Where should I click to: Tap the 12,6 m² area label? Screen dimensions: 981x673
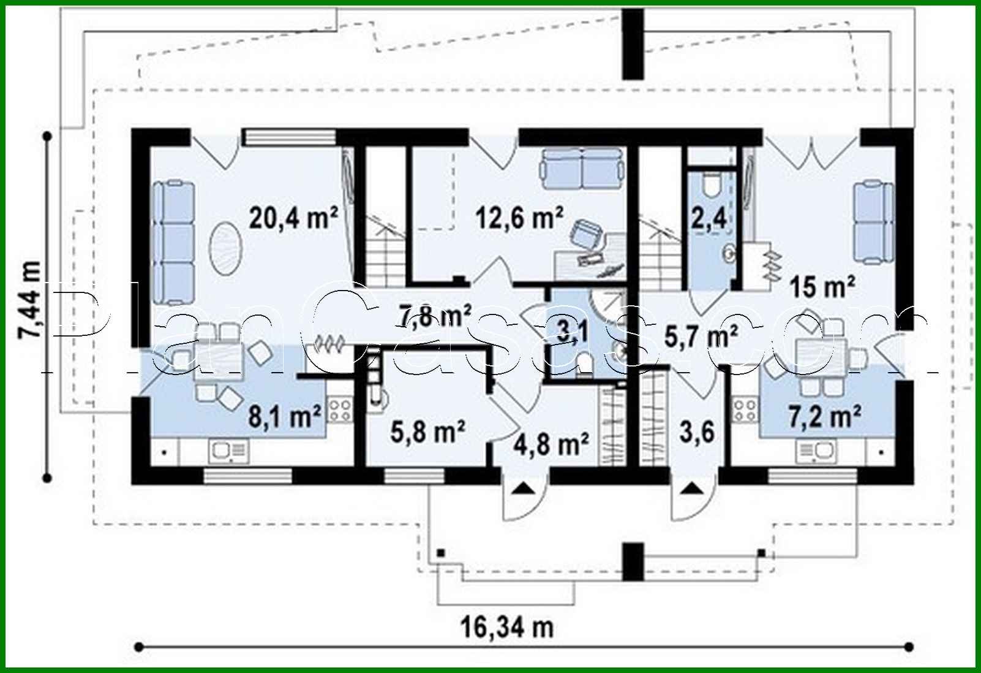pos(519,218)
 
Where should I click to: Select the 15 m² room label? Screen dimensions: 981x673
pos(822,287)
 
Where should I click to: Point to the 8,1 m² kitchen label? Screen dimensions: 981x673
pos(285,416)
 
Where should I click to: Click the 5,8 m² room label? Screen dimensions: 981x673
pos(427,432)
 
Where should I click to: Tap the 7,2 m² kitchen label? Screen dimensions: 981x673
pos(825,416)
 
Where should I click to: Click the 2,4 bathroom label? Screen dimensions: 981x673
pos(709,218)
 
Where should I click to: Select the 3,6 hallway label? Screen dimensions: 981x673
pos(697,432)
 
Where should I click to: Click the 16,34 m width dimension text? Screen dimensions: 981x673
pos(507,628)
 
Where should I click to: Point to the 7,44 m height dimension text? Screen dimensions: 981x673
pos(30,300)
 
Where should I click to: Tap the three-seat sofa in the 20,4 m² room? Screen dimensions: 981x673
pos(174,243)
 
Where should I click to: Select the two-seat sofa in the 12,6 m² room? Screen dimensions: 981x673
pos(582,169)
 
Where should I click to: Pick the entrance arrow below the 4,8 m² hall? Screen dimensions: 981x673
pos(524,489)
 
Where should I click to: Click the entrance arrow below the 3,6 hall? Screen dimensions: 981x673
pos(693,489)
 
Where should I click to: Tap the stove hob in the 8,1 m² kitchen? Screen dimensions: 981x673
pos(340,409)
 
